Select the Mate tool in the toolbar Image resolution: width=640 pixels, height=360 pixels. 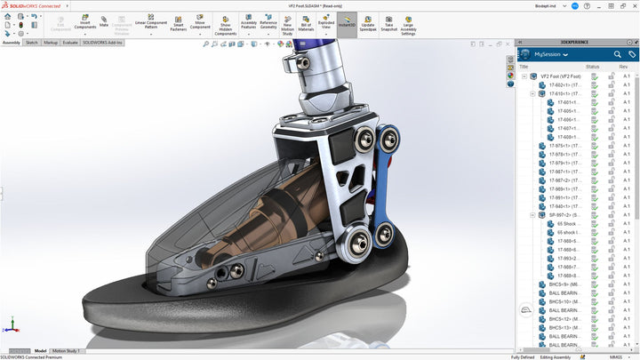pos(104,21)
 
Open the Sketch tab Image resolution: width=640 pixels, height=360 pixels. pos(31,42)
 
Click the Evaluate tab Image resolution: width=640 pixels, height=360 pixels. pos(70,42)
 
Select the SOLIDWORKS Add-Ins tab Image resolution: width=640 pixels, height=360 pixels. pos(104,42)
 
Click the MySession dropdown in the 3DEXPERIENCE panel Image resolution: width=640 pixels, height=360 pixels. pos(554,54)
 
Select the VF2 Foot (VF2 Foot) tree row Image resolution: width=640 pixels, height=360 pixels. pos(559,76)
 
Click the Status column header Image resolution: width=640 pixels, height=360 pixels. pos(593,66)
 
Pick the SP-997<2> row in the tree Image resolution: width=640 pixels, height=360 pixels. pos(563,214)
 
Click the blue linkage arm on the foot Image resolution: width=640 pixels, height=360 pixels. pos(385,178)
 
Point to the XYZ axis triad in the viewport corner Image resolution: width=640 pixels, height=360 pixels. pos(12,325)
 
